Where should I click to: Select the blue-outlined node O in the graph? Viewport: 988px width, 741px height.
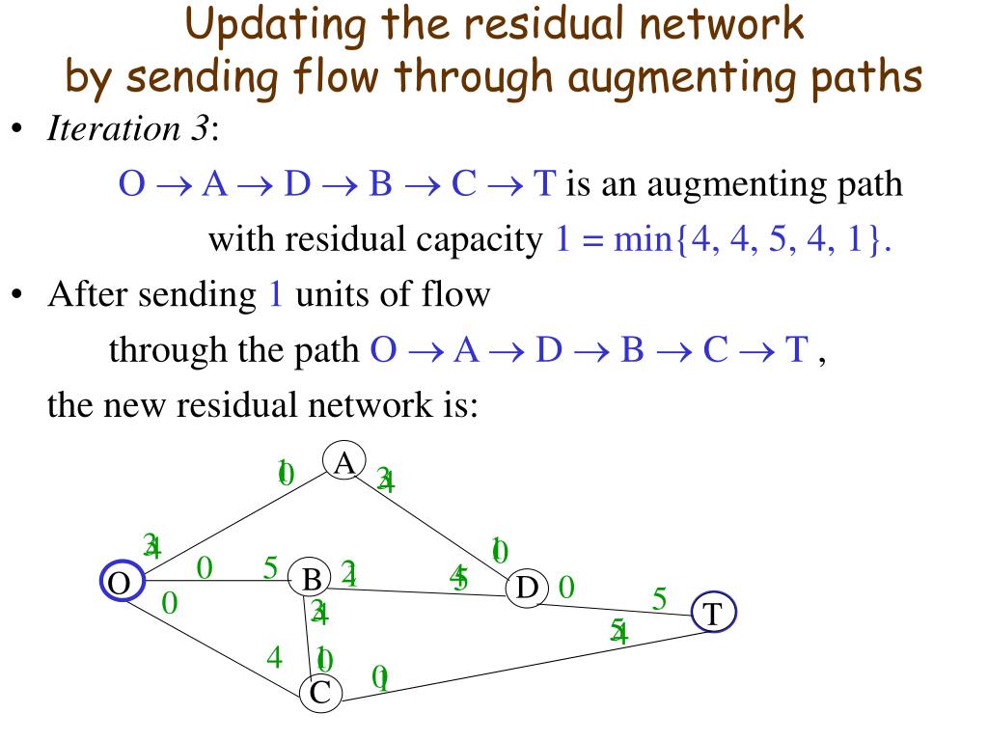(x=122, y=582)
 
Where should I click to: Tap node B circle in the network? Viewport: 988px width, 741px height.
(x=311, y=580)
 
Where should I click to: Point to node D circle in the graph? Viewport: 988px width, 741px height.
(x=527, y=587)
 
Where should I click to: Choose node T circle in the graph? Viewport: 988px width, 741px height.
(x=713, y=614)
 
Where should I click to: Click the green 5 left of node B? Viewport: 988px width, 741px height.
(x=271, y=567)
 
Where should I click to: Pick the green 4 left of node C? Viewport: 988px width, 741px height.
(x=275, y=658)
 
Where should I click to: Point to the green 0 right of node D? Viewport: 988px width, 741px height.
(x=566, y=586)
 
